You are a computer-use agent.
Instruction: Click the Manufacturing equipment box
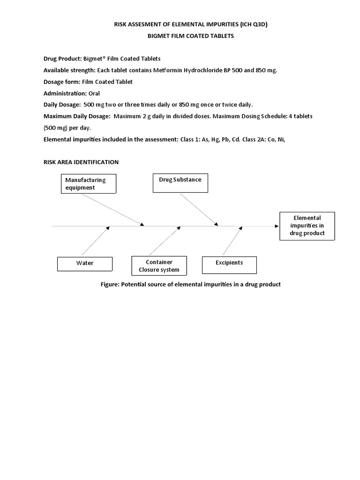(x=89, y=183)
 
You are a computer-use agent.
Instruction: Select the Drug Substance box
(x=180, y=183)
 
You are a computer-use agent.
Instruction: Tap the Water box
(x=85, y=263)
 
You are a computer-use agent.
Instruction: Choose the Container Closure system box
(x=159, y=266)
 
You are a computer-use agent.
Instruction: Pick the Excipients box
(x=229, y=264)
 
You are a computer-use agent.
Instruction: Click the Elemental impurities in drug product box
(x=307, y=226)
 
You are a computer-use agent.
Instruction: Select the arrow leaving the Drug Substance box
(x=198, y=209)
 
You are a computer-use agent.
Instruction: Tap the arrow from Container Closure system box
(x=164, y=241)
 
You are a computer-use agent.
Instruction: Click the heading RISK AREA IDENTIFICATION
(x=81, y=162)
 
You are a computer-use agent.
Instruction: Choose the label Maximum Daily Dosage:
(x=77, y=116)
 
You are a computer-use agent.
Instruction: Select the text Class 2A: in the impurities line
(x=256, y=139)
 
